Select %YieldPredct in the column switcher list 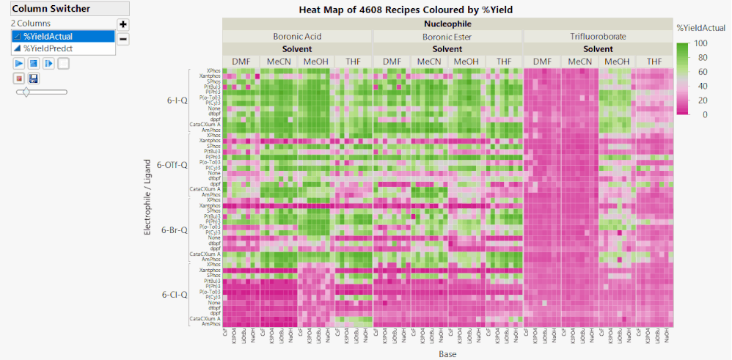click(x=48, y=48)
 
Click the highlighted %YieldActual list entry click(x=48, y=36)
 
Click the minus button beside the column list click(x=123, y=39)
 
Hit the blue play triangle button click(x=18, y=63)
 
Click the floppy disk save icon click(x=34, y=78)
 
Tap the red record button click(x=18, y=78)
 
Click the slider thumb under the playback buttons click(x=26, y=92)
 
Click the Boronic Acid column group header click(x=297, y=36)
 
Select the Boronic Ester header click(x=447, y=36)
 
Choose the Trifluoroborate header click(x=598, y=36)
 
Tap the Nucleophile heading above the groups click(x=447, y=23)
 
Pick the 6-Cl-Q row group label click(x=175, y=295)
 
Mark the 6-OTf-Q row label click(x=175, y=165)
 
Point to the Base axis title click(x=447, y=354)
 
